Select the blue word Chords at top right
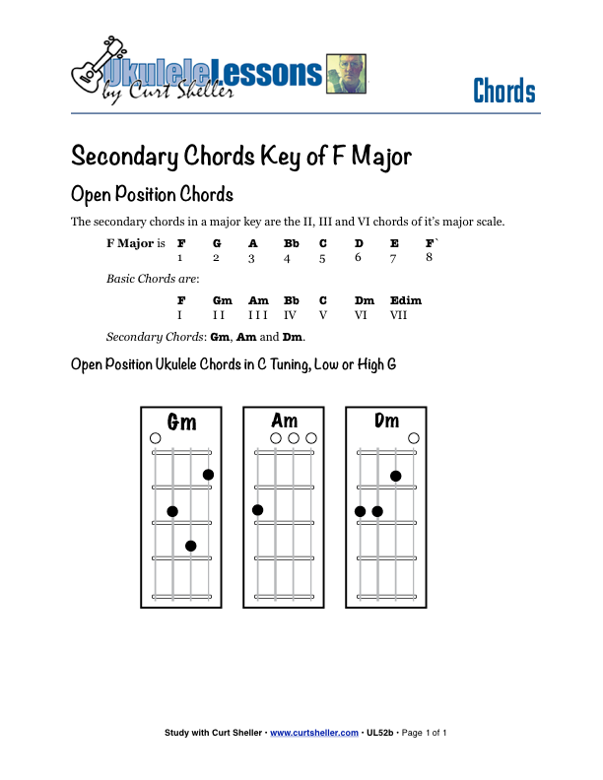(503, 92)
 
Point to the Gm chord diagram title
(181, 422)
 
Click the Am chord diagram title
(285, 421)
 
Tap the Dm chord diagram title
(387, 421)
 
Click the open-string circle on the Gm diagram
(155, 438)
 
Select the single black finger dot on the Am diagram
(258, 510)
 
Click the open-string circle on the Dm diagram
(414, 438)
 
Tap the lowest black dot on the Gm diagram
(190, 546)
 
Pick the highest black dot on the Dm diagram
(395, 476)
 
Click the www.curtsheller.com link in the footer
(313, 733)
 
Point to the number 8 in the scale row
(429, 257)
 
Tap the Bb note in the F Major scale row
(292, 242)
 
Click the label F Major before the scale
(129, 242)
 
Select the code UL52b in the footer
(380, 733)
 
